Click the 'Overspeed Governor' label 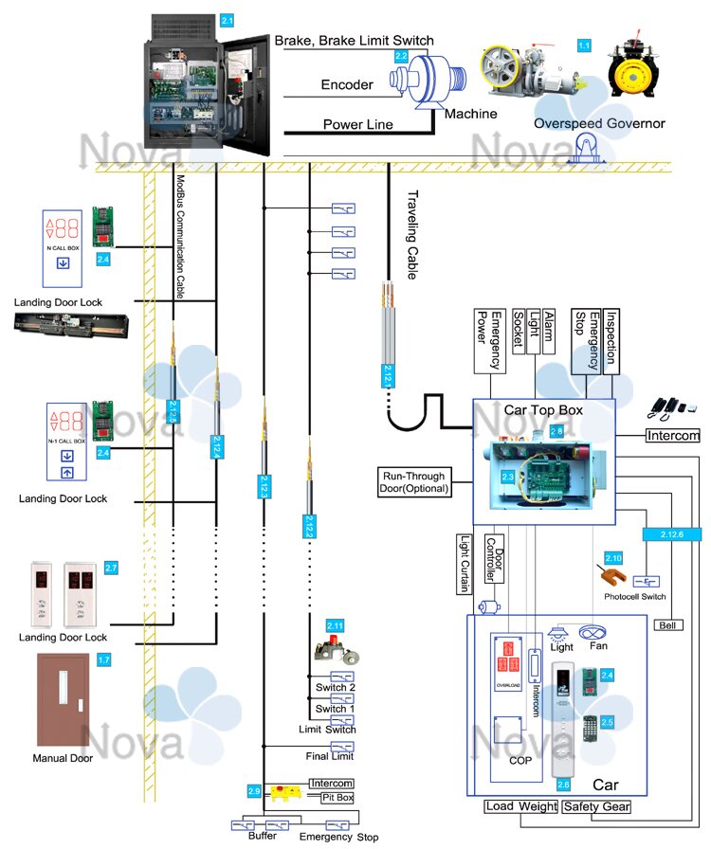pos(599,124)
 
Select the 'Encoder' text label pos(348,84)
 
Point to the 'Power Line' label pos(357,124)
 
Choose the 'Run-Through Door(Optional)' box pos(413,482)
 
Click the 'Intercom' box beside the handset pos(672,436)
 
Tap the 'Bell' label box pos(666,624)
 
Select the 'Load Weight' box pos(520,806)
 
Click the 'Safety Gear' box pos(595,806)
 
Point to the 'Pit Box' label pos(337,799)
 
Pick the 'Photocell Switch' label pos(634,597)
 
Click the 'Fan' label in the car pos(598,646)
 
